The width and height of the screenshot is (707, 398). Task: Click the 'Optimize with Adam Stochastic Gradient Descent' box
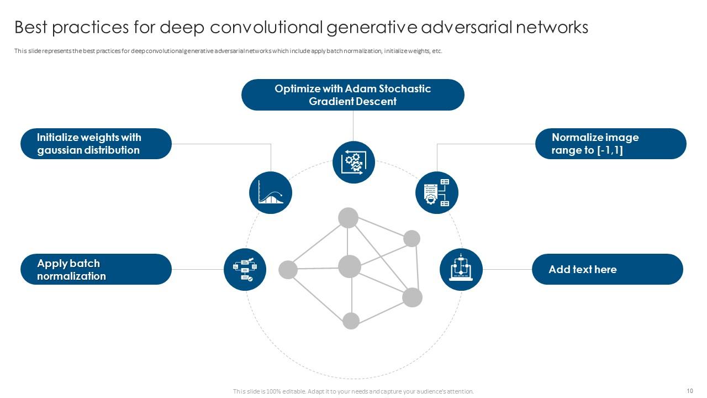coord(352,95)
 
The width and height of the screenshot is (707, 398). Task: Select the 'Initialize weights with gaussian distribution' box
coord(96,144)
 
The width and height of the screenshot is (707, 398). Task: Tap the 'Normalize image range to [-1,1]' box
coord(610,144)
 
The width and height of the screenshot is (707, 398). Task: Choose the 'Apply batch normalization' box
coord(96,269)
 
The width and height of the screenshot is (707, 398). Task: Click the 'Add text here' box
coord(607,269)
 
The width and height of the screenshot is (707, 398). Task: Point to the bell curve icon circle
coord(271,192)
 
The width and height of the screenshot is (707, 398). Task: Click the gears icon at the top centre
coord(353,162)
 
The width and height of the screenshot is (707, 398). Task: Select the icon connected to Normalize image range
coord(436,192)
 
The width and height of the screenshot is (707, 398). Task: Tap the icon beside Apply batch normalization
coord(245,269)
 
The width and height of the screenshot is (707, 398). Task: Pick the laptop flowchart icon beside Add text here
coord(461,269)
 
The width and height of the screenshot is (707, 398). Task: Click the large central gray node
coord(349,266)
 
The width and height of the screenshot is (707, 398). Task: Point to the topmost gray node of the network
coord(348,218)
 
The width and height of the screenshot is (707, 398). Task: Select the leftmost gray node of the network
coord(288,270)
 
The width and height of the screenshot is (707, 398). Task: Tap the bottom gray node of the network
coord(351,321)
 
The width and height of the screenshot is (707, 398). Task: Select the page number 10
coord(690,391)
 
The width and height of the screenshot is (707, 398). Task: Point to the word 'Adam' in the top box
coord(360,88)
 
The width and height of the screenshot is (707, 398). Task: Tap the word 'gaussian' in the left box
coord(60,150)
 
